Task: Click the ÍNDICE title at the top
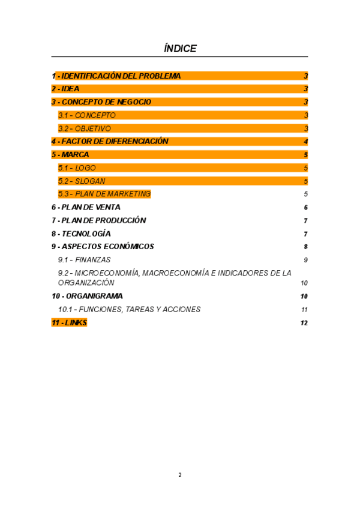pyautogui.click(x=180, y=49)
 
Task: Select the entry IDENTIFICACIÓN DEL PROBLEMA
pyautogui.click(x=120, y=76)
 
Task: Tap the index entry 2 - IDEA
pyautogui.click(x=65, y=89)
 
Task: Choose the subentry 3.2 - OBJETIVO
pyautogui.click(x=85, y=128)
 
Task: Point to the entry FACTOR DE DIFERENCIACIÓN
pyautogui.click(x=115, y=142)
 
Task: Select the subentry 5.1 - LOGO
pyautogui.click(x=77, y=168)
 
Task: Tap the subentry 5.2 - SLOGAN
pyautogui.click(x=82, y=181)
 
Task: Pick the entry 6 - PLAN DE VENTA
pyautogui.click(x=86, y=207)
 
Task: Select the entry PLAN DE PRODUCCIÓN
pyautogui.click(x=103, y=220)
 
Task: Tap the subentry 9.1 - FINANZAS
pyautogui.click(x=85, y=260)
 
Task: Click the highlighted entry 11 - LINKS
pyautogui.click(x=69, y=323)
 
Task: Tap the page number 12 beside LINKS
pyautogui.click(x=304, y=323)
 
